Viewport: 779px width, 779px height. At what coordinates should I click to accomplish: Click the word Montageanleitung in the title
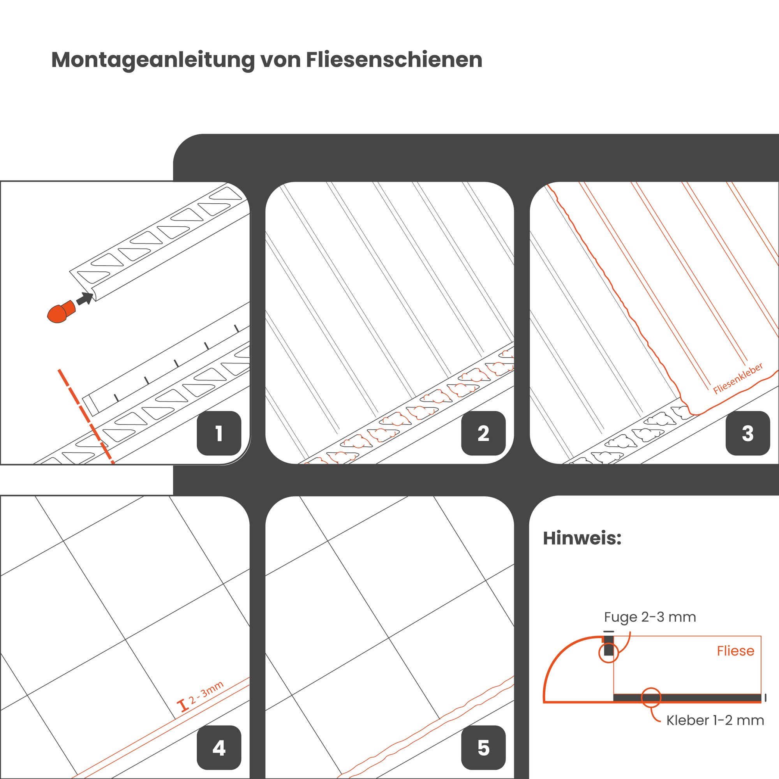coord(153,60)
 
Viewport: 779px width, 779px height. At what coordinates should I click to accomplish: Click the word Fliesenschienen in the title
coord(394,60)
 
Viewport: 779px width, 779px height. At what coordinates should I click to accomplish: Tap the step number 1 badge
coord(219,434)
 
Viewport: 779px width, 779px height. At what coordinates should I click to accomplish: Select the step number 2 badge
coord(483,434)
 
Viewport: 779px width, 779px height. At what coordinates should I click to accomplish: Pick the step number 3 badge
coord(748,434)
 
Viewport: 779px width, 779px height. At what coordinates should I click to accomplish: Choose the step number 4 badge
coord(219,748)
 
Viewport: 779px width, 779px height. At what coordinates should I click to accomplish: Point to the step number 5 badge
coord(483,748)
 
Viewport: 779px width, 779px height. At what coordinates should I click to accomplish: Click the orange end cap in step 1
coord(61,311)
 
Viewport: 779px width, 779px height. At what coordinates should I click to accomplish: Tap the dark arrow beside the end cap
coord(85,299)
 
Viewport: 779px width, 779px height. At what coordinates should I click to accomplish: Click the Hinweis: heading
coord(582,538)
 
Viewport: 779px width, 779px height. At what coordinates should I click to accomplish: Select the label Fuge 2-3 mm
coord(650,617)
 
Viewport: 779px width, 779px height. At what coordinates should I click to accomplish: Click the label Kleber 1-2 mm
coord(715,720)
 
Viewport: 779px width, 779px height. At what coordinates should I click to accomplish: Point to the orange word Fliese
coord(735,651)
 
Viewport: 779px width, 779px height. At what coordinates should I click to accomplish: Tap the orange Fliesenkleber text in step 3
coord(738,378)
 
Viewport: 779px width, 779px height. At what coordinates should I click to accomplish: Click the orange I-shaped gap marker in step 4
coord(183,706)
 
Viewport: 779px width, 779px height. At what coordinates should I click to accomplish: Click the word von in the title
coord(280,60)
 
